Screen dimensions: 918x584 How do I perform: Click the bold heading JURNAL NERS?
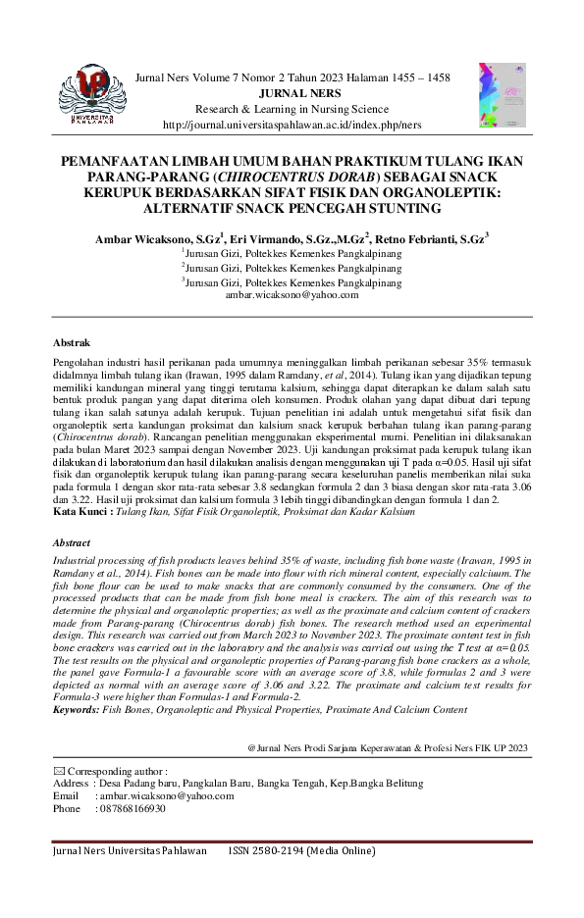pos(292,95)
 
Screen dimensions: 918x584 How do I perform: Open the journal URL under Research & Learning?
pos(292,125)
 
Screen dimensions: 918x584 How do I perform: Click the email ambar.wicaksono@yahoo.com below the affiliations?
pos(292,294)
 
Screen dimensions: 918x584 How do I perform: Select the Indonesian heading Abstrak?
pos(72,343)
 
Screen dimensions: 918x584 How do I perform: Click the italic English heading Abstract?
pos(73,542)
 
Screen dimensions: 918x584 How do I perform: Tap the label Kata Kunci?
pos(82,511)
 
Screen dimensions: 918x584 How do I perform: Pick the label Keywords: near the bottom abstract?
pos(76,708)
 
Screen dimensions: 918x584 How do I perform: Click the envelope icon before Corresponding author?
pos(58,772)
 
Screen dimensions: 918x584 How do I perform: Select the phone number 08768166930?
pos(131,809)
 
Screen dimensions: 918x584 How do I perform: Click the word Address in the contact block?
pos(71,784)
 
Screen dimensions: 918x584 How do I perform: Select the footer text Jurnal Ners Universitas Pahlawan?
pos(130,851)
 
